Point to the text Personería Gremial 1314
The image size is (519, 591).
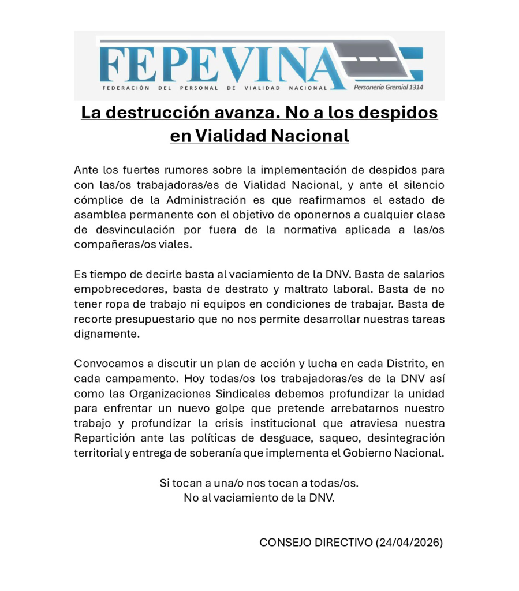(389, 88)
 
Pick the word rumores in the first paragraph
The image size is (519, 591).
(195, 170)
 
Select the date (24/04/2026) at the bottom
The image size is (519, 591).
(409, 543)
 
